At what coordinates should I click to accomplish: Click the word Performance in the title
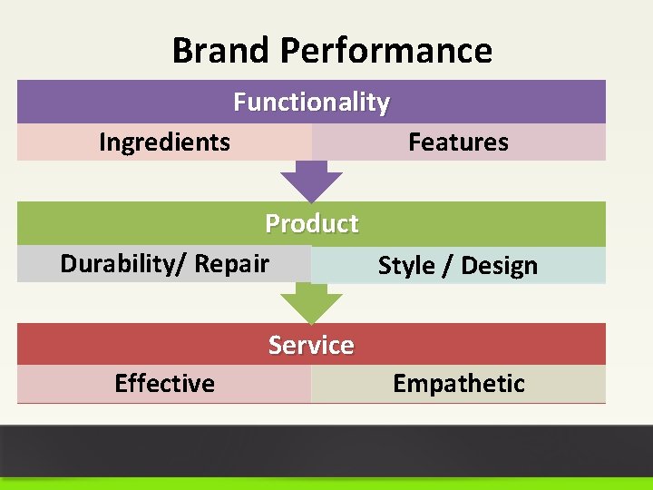pos(386,51)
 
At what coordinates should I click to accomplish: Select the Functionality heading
pos(311,103)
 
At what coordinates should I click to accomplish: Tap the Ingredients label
pos(164,142)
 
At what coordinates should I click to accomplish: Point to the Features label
pos(458,142)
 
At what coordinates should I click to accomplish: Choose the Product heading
pos(311,223)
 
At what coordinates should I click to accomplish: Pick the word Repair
pos(232,264)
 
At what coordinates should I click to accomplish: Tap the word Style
pos(406,266)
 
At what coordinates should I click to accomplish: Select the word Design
pos(500,266)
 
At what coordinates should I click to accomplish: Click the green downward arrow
pos(311,303)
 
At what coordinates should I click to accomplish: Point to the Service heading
pos(311,345)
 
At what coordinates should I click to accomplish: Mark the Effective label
pos(164,384)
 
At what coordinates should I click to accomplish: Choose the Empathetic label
pos(458,384)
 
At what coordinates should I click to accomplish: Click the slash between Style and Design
pos(448,266)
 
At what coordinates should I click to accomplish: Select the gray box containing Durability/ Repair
pos(36,264)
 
